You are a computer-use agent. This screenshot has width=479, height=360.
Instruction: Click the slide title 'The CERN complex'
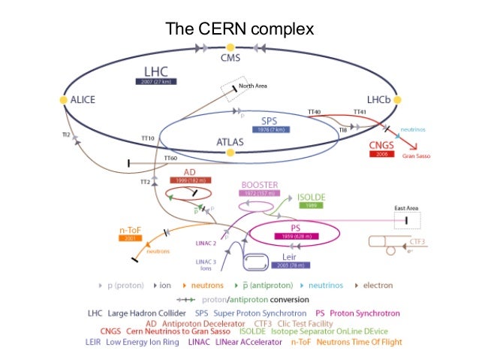[239, 29]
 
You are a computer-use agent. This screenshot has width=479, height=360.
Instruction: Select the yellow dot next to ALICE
[63, 99]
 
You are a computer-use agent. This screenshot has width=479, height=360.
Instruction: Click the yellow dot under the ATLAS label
[230, 153]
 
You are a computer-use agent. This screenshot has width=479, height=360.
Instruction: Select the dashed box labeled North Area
[234, 91]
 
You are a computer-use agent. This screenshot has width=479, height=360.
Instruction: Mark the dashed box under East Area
[407, 219]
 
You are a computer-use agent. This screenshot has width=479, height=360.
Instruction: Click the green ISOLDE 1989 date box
[309, 204]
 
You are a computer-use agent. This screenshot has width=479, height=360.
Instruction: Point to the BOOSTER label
[259, 184]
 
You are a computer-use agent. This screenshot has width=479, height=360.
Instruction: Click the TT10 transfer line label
[147, 138]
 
